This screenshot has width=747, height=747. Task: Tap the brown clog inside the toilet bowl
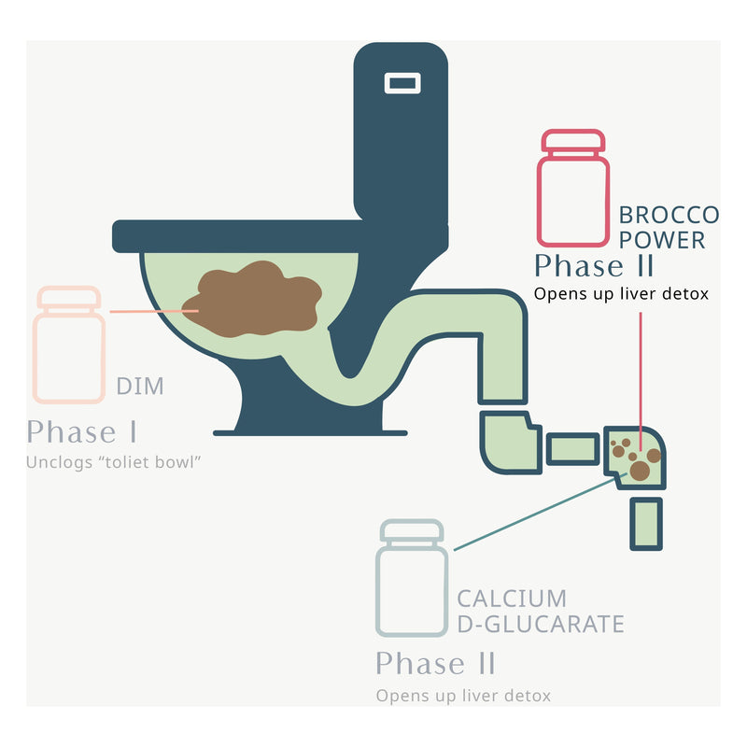click(x=252, y=299)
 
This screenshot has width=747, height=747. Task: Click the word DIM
click(x=140, y=387)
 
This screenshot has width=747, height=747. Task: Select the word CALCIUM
click(x=512, y=599)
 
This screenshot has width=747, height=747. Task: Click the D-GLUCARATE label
click(x=540, y=624)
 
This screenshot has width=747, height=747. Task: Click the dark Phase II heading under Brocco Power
click(x=594, y=266)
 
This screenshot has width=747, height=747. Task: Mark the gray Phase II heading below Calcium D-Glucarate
click(x=435, y=664)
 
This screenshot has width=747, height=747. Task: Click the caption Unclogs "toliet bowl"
click(x=115, y=462)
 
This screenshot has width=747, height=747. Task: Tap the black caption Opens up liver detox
click(x=622, y=294)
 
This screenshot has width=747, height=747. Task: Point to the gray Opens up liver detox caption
click(x=463, y=696)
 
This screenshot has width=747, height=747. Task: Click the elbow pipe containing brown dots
click(x=635, y=456)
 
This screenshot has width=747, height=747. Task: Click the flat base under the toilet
click(x=310, y=432)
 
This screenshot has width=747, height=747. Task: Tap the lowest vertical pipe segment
click(x=646, y=523)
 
